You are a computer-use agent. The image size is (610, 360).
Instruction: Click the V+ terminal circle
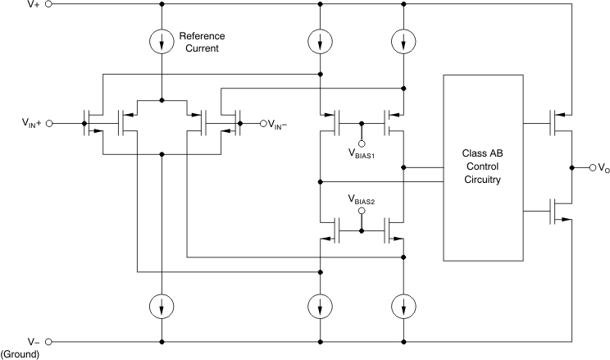48,4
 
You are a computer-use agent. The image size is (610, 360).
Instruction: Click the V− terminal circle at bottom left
48,341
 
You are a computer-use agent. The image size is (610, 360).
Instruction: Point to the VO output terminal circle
593,167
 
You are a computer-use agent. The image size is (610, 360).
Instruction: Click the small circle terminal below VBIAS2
362,211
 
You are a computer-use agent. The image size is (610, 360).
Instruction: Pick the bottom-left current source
163,308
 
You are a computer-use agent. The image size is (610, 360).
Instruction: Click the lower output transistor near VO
559,212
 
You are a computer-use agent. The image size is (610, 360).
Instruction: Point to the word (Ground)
20,354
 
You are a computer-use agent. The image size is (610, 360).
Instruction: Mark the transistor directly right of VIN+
93,123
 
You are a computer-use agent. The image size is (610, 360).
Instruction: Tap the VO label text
604,168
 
